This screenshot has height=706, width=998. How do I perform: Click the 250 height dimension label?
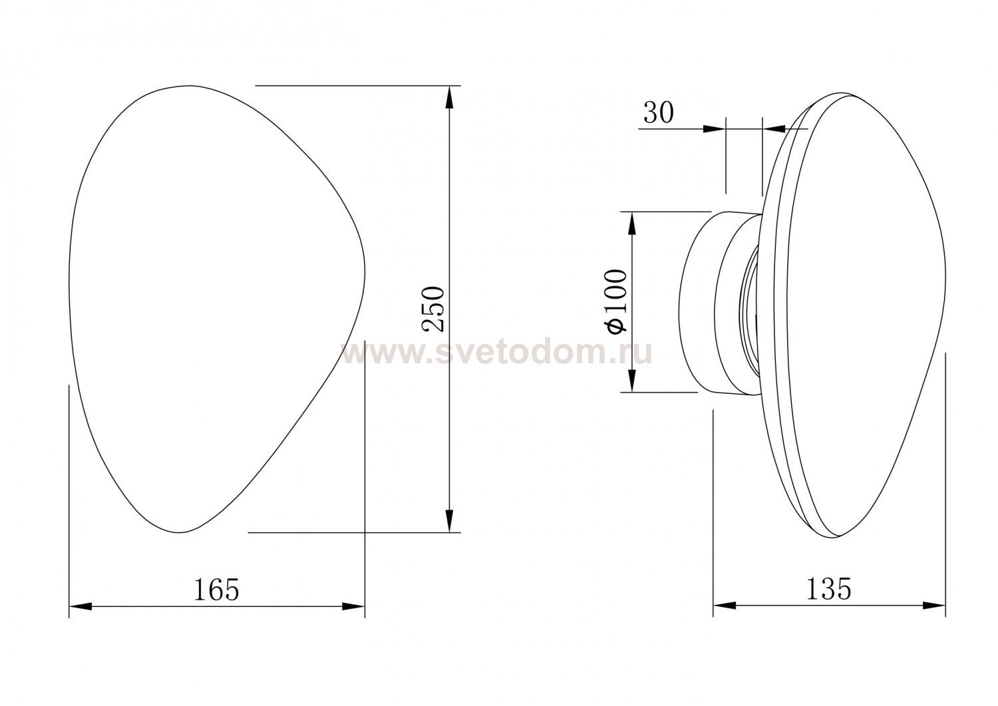coord(433,309)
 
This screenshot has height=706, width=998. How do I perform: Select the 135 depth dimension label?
coord(829,589)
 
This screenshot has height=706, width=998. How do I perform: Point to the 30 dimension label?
coord(659,112)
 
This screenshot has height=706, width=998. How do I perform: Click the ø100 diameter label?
coord(615,301)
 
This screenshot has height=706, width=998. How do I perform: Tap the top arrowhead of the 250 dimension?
coord(450,97)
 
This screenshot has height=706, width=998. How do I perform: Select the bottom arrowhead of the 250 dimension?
coord(450,520)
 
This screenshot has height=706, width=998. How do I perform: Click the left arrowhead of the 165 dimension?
coord(81,607)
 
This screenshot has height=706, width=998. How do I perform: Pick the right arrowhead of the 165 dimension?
coord(353,607)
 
